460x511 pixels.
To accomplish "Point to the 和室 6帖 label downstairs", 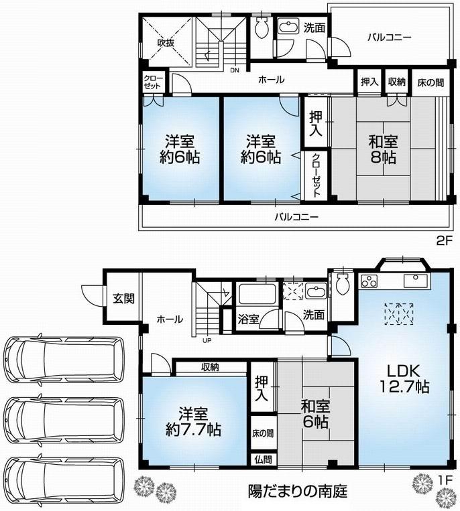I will click(x=314, y=414).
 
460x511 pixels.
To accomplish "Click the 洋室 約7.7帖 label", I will click(x=195, y=420).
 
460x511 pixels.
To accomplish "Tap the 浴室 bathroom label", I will click(x=248, y=319).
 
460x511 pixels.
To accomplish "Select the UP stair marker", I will click(x=208, y=339).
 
